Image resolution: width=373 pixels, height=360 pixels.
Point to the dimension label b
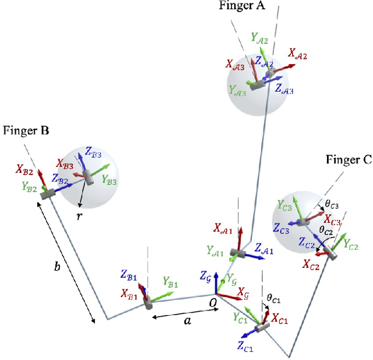pos(57,267)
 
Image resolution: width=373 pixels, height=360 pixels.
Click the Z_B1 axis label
pos(129,274)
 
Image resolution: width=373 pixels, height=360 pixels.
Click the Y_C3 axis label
pos(285,206)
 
